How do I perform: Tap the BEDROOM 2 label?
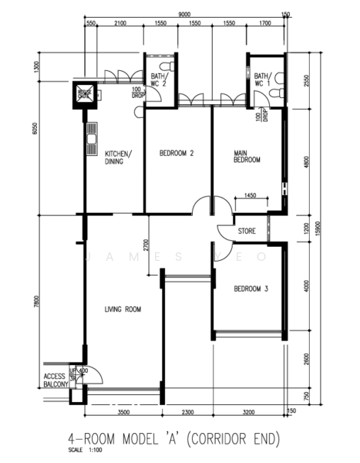coord(176,154)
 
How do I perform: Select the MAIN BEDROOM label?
coord(247,157)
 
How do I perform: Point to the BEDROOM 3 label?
coord(251,289)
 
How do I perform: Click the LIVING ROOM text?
coord(123,310)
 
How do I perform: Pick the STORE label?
coord(247,230)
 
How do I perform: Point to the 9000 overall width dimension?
coord(185,14)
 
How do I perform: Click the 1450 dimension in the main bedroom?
coord(251,198)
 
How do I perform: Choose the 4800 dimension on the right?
coord(306,164)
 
